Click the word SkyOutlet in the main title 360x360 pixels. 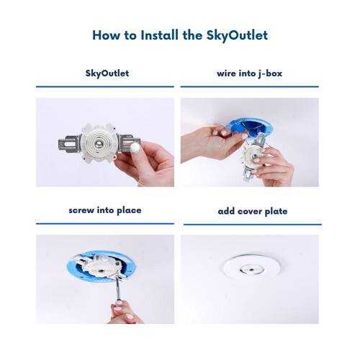237,35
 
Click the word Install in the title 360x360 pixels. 160,35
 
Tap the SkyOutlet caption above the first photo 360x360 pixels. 107,73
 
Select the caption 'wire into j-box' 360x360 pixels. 249,73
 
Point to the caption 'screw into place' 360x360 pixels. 105,210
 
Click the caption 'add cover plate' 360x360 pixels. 253,212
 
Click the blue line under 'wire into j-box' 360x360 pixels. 250,86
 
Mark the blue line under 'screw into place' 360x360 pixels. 105,224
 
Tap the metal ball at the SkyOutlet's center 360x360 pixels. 99,145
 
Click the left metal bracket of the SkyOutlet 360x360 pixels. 69,143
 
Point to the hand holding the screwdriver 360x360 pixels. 125,312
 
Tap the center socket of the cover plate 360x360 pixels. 251,269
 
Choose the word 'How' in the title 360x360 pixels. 107,35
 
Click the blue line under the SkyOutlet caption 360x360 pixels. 105,86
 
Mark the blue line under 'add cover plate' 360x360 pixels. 253,225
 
